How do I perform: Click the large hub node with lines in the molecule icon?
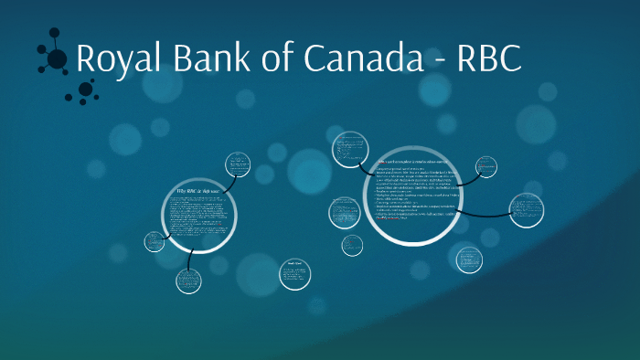coord(57,59)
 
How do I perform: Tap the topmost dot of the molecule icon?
coord(58,30)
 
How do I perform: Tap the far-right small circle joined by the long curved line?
coord(526,210)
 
